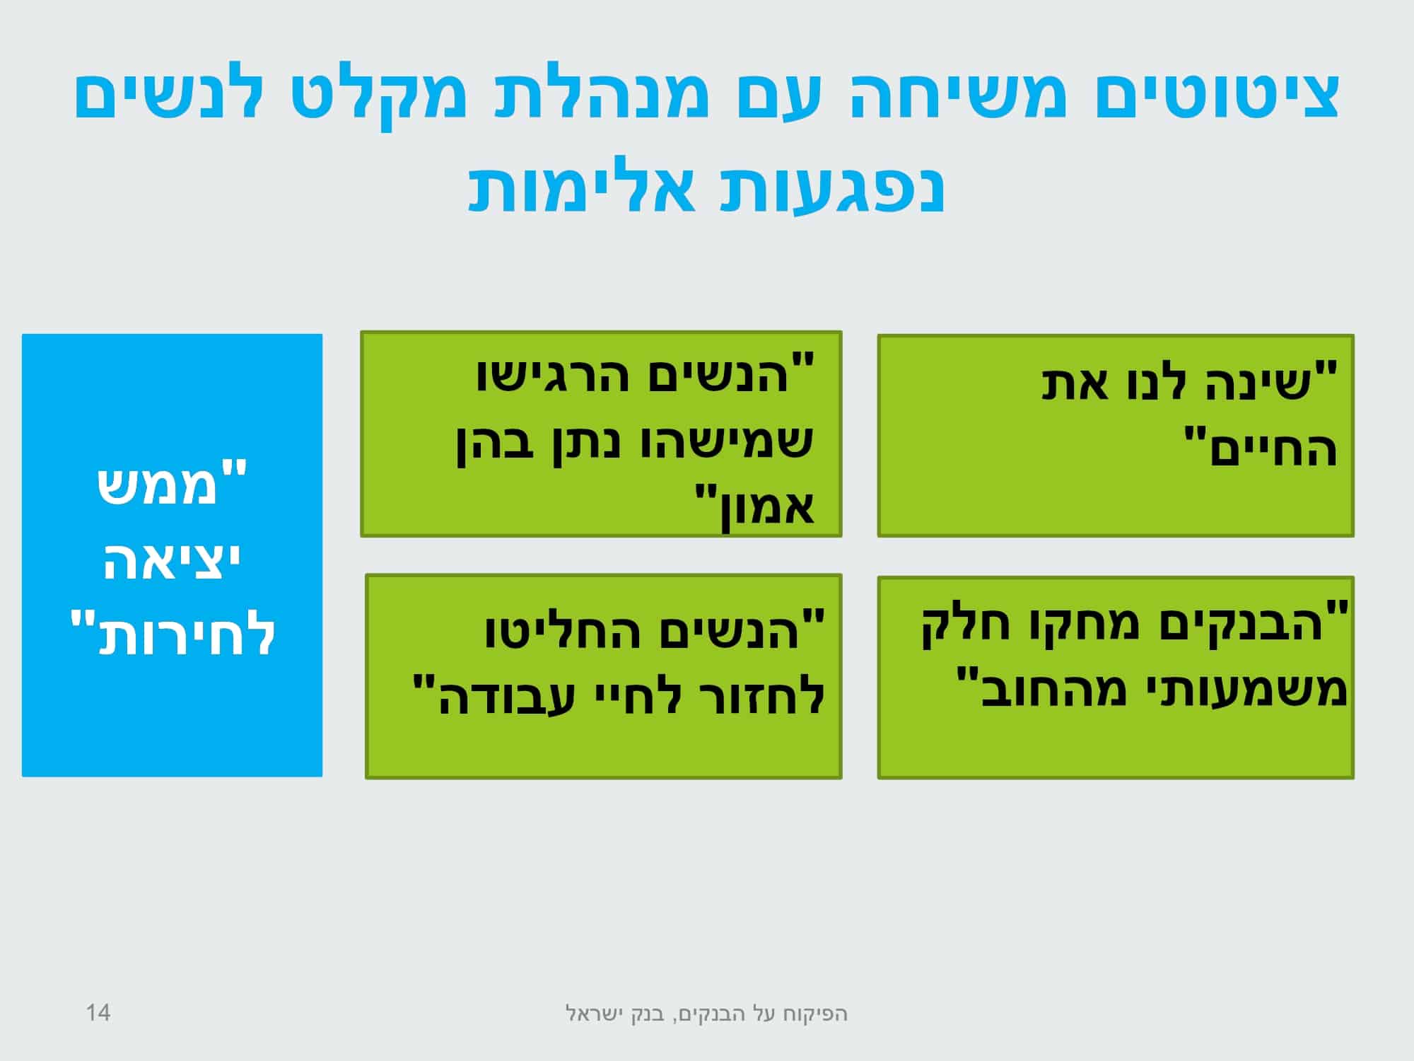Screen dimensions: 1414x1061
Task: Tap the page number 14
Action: click(x=98, y=1013)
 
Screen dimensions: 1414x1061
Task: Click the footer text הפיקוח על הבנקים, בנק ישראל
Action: click(x=707, y=1014)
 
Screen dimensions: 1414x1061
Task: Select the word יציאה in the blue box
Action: click(x=173, y=562)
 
